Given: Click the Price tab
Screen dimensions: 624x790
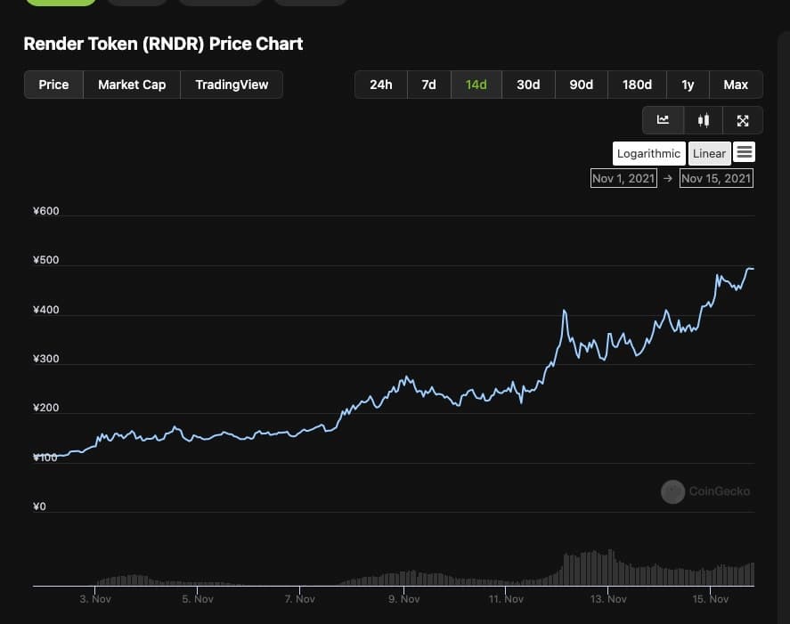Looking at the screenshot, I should click(x=53, y=85).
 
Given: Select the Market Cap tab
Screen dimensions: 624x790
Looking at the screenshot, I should click(x=132, y=85).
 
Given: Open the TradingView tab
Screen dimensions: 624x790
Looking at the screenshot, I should click(x=232, y=85).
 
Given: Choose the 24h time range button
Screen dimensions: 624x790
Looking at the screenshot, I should click(x=380, y=85).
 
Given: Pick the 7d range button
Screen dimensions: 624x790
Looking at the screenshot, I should click(x=428, y=85).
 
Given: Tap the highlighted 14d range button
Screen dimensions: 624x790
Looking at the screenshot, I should click(x=476, y=85).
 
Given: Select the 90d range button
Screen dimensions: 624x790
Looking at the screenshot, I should click(x=582, y=85).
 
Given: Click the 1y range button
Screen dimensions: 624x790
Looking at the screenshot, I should click(x=688, y=85).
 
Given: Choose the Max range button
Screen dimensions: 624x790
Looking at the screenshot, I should click(x=736, y=85).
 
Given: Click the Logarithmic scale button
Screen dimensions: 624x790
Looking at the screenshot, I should click(x=648, y=153).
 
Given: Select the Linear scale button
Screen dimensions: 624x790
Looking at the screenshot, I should click(x=709, y=153).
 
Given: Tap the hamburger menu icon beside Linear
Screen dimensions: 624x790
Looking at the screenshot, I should click(x=745, y=152).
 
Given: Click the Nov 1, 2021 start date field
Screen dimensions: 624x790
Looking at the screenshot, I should click(x=623, y=178).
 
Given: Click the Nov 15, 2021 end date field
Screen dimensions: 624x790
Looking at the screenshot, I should click(x=716, y=178).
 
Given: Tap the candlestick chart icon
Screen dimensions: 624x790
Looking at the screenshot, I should click(x=704, y=120).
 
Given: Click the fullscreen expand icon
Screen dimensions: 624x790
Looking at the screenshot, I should click(x=743, y=120).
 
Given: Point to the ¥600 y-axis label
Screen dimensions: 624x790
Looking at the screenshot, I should click(x=45, y=211).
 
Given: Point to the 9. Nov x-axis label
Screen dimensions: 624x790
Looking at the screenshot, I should click(x=403, y=599).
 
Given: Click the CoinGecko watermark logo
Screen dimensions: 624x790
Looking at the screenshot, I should click(x=673, y=490).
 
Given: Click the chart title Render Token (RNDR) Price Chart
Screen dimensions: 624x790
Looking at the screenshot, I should click(x=163, y=44).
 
